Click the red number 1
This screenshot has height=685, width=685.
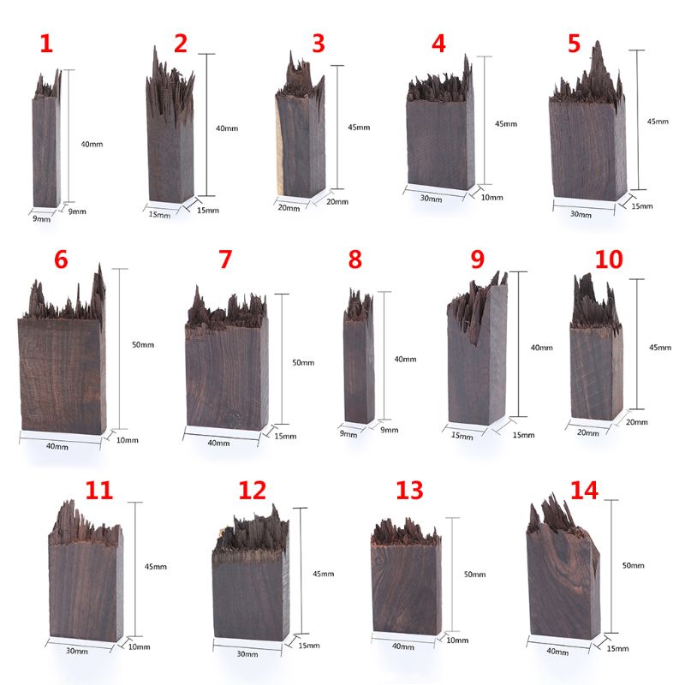[46, 44]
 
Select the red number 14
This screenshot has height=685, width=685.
[586, 490]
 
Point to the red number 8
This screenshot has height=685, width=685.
[354, 259]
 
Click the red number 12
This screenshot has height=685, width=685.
[253, 490]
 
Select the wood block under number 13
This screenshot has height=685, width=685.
[407, 582]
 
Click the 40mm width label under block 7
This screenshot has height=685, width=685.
[218, 443]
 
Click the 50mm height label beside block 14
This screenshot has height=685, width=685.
[633, 567]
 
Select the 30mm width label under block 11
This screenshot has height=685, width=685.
[76, 652]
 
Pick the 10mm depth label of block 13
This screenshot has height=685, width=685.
[457, 640]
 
